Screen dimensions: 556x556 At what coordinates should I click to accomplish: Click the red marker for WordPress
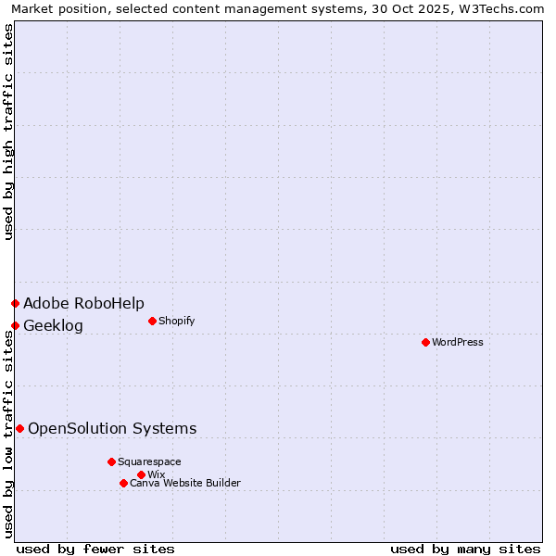point(425,342)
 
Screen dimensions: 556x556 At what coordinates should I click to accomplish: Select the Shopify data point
point(152,321)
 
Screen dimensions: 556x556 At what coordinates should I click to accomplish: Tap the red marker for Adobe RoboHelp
point(15,303)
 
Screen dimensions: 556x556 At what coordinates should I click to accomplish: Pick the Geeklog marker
point(15,325)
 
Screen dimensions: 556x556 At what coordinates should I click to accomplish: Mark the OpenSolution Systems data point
point(19,428)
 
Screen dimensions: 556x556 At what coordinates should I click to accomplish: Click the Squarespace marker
point(111,461)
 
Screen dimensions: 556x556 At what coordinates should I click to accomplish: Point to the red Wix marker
point(141,474)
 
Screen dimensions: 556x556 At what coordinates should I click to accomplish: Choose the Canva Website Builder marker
point(123,483)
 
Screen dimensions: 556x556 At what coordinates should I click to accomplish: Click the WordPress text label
point(458,342)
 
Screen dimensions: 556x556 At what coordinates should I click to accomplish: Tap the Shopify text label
point(177,321)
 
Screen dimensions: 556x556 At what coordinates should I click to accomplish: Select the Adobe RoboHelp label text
point(83,303)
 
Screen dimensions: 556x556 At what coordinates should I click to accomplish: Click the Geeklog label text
point(53,325)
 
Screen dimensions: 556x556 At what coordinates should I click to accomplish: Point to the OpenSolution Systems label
point(112,428)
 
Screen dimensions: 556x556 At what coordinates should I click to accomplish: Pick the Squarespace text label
point(149,461)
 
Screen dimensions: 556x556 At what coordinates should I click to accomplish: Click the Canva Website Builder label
point(185,483)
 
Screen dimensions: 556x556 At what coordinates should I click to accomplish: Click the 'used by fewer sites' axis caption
point(95,549)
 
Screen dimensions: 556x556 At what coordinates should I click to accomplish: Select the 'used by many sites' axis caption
point(465,549)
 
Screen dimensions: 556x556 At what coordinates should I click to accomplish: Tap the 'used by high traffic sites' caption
point(8,132)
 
